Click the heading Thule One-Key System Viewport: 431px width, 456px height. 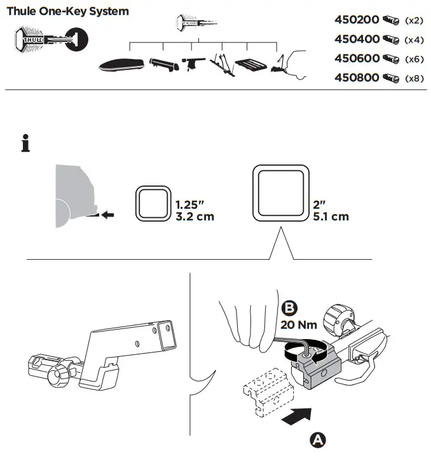[67, 11]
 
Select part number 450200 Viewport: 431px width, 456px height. [357, 20]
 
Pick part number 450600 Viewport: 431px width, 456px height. [357, 58]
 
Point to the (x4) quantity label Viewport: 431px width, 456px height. [414, 40]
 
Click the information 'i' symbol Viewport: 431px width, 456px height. [25, 144]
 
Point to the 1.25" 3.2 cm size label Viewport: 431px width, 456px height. [195, 211]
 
